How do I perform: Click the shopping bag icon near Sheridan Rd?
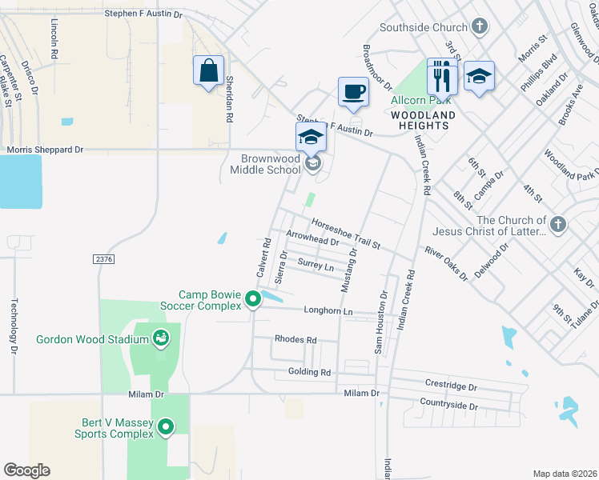pyautogui.click(x=208, y=70)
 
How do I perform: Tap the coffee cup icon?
pyautogui.click(x=353, y=91)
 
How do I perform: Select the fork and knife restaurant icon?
pyautogui.click(x=442, y=78)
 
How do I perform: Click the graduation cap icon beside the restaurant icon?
pyautogui.click(x=479, y=77)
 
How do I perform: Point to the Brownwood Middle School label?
pyautogui.click(x=266, y=164)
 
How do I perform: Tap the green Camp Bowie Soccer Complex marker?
pyautogui.click(x=253, y=300)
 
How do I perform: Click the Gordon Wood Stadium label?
pyautogui.click(x=92, y=339)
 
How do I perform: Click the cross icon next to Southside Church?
pyautogui.click(x=480, y=27)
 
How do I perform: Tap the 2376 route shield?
pyautogui.click(x=103, y=258)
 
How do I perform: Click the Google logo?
pyautogui.click(x=26, y=470)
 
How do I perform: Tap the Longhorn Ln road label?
pyautogui.click(x=328, y=310)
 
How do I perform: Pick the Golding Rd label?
pyautogui.click(x=308, y=372)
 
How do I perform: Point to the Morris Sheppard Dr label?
pyautogui.click(x=45, y=149)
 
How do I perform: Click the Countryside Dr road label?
pyautogui.click(x=448, y=406)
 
